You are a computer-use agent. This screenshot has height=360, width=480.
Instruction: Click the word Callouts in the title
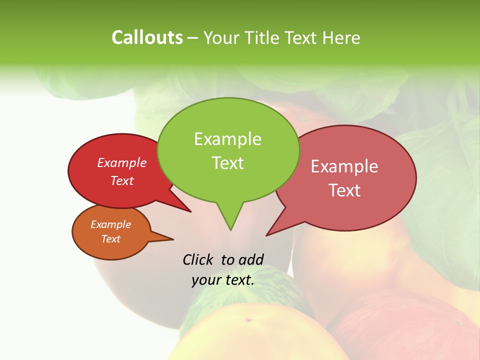coord(147,37)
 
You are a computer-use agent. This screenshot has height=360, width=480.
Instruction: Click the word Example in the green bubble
coord(227,138)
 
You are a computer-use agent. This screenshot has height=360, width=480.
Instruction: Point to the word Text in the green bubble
coord(227,163)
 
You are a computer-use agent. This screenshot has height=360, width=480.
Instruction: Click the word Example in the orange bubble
coord(110,224)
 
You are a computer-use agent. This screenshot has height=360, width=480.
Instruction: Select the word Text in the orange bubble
coord(110,239)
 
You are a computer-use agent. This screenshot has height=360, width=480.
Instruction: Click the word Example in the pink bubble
coord(344,166)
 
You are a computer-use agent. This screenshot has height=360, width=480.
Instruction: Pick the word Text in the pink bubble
coord(344,190)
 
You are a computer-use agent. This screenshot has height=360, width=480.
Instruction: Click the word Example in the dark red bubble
coord(122,162)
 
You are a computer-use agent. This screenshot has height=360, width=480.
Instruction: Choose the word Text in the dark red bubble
coord(122,180)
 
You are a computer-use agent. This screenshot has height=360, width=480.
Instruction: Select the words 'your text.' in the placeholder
coord(223,280)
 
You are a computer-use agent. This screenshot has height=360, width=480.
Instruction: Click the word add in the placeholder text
coord(251,259)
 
